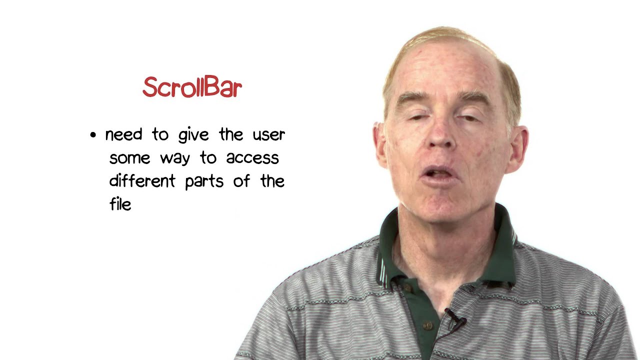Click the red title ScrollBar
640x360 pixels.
point(192,87)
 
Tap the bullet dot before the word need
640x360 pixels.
point(93,135)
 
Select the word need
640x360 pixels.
point(123,134)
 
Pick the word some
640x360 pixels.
point(130,158)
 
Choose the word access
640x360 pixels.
point(252,158)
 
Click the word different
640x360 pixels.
point(142,181)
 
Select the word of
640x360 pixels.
point(241,181)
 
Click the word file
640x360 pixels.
point(120,203)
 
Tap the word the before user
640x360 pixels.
point(231,134)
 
